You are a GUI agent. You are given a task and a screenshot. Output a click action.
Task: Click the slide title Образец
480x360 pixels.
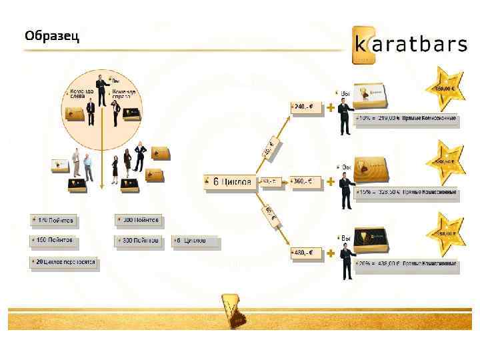point(52,36)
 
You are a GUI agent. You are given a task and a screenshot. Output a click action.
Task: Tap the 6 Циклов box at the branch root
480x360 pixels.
point(230,181)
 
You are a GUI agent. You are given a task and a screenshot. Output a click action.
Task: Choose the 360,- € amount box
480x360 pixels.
point(305,181)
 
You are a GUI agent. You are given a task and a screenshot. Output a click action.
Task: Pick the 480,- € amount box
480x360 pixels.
point(305,253)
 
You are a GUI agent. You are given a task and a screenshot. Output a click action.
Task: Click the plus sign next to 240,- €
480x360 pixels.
point(331,106)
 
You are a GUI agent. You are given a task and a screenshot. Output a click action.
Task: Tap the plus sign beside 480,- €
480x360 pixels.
point(331,253)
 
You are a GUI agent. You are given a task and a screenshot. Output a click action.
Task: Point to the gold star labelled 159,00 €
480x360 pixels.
point(445,87)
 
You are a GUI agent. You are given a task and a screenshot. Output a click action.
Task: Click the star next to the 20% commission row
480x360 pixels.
point(445,232)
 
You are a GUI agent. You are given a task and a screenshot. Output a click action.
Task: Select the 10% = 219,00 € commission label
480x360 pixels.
point(407,119)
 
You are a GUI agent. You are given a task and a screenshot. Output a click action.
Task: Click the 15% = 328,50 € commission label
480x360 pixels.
point(407,193)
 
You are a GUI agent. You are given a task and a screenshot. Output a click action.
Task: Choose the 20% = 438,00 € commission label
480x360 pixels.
point(407,265)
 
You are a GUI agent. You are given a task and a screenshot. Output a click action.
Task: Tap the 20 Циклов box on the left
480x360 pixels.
point(64,263)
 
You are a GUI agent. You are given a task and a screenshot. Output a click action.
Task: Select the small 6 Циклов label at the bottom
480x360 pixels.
point(195,240)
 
